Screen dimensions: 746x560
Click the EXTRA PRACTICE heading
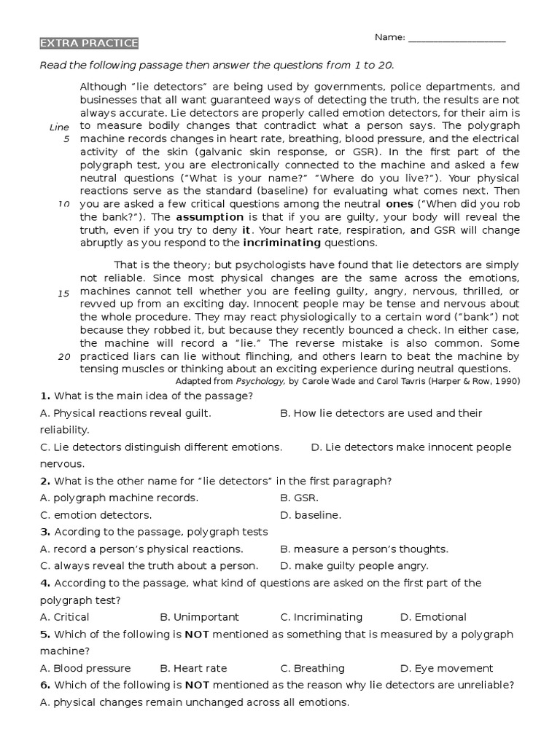point(88,44)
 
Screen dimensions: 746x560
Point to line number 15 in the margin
point(63,293)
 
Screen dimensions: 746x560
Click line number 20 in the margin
point(63,357)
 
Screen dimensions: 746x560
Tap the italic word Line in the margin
point(59,127)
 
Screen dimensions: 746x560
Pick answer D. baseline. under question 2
point(311,515)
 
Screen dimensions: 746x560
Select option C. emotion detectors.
point(96,515)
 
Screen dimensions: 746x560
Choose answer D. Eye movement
point(446,668)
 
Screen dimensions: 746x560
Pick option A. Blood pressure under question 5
point(85,668)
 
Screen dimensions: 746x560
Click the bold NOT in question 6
point(197,685)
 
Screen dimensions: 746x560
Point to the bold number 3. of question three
point(45,532)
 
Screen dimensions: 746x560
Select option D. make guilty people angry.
point(354,566)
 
